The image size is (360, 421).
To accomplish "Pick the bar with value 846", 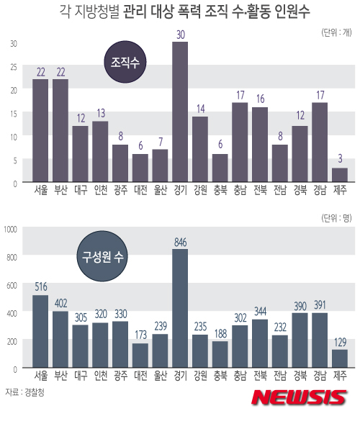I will coord(179,309).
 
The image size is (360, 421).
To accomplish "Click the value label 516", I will coord(40,286).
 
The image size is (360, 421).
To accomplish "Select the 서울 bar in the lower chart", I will coord(40,332).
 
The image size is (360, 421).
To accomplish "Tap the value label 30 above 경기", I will coord(179,35).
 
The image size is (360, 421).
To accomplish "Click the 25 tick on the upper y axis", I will coord(12,67).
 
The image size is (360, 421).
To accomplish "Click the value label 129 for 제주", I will coord(341,342).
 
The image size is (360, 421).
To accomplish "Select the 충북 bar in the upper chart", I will coord(220,168).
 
